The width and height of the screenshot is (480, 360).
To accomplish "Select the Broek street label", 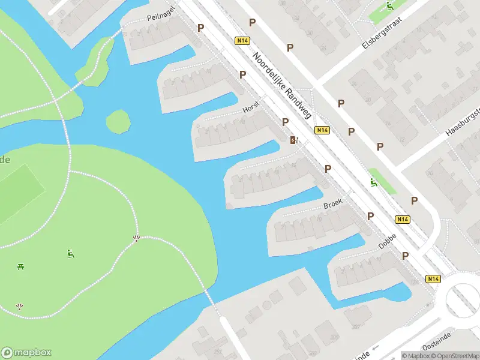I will (332, 204).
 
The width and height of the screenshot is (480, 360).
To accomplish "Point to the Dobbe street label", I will (387, 241).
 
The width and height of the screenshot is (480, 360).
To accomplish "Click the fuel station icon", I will (293, 140).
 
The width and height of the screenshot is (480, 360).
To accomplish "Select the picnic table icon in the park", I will (21, 266).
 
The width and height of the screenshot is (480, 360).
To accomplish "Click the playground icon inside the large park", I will (71, 254).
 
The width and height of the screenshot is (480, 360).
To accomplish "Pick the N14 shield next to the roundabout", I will (433, 278).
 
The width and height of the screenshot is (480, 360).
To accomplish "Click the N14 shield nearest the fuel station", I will (322, 130).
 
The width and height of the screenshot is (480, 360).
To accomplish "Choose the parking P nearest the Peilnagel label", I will (200, 28).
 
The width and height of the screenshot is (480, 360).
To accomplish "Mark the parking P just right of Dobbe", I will (406, 256).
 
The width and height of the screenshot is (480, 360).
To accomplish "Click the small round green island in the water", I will (118, 122).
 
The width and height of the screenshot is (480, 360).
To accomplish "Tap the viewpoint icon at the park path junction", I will (136, 239).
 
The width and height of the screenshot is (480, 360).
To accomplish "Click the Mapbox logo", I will (26, 353).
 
